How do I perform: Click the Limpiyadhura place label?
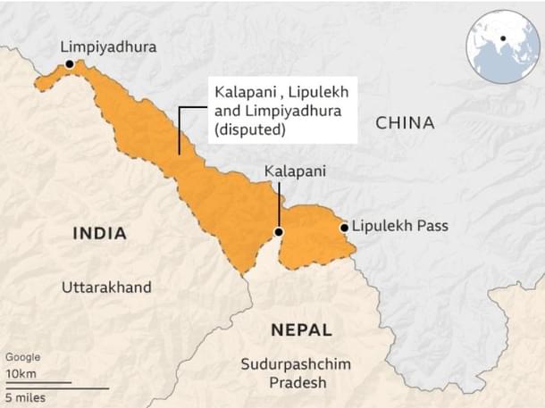point(107,46)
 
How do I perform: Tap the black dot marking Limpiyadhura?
point(70,64)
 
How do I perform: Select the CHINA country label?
point(404,123)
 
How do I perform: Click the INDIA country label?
point(98,234)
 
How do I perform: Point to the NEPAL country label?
point(301,329)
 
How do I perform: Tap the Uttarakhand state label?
point(106,287)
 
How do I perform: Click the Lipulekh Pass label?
point(399,227)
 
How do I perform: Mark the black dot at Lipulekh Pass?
point(344,228)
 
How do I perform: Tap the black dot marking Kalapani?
point(279,232)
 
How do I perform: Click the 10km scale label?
point(21,372)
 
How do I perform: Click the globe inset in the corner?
point(503,45)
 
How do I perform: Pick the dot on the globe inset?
point(504,39)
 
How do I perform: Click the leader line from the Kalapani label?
point(279,205)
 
